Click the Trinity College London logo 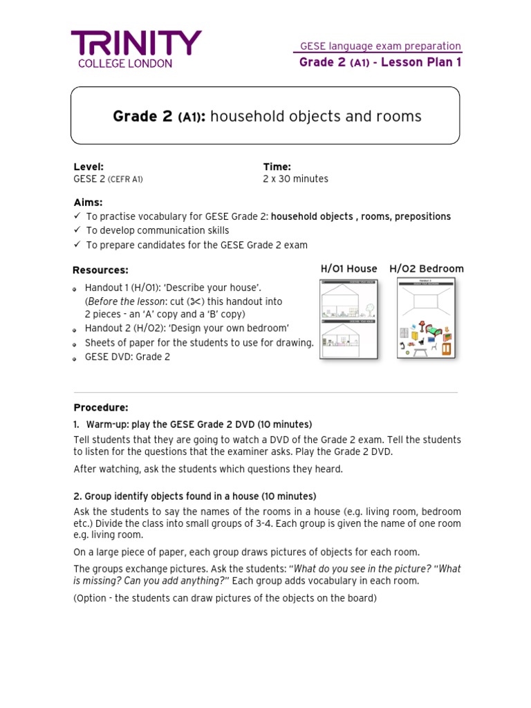[x=136, y=48]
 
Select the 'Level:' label [x=88, y=167]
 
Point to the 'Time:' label [x=277, y=167]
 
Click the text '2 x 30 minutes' [x=296, y=179]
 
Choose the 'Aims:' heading [x=88, y=202]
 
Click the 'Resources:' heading [x=100, y=270]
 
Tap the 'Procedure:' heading [x=101, y=408]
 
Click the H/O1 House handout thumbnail [x=348, y=319]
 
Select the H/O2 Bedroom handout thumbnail [x=426, y=318]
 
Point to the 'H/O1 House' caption [x=348, y=269]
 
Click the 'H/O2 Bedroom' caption [x=427, y=269]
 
